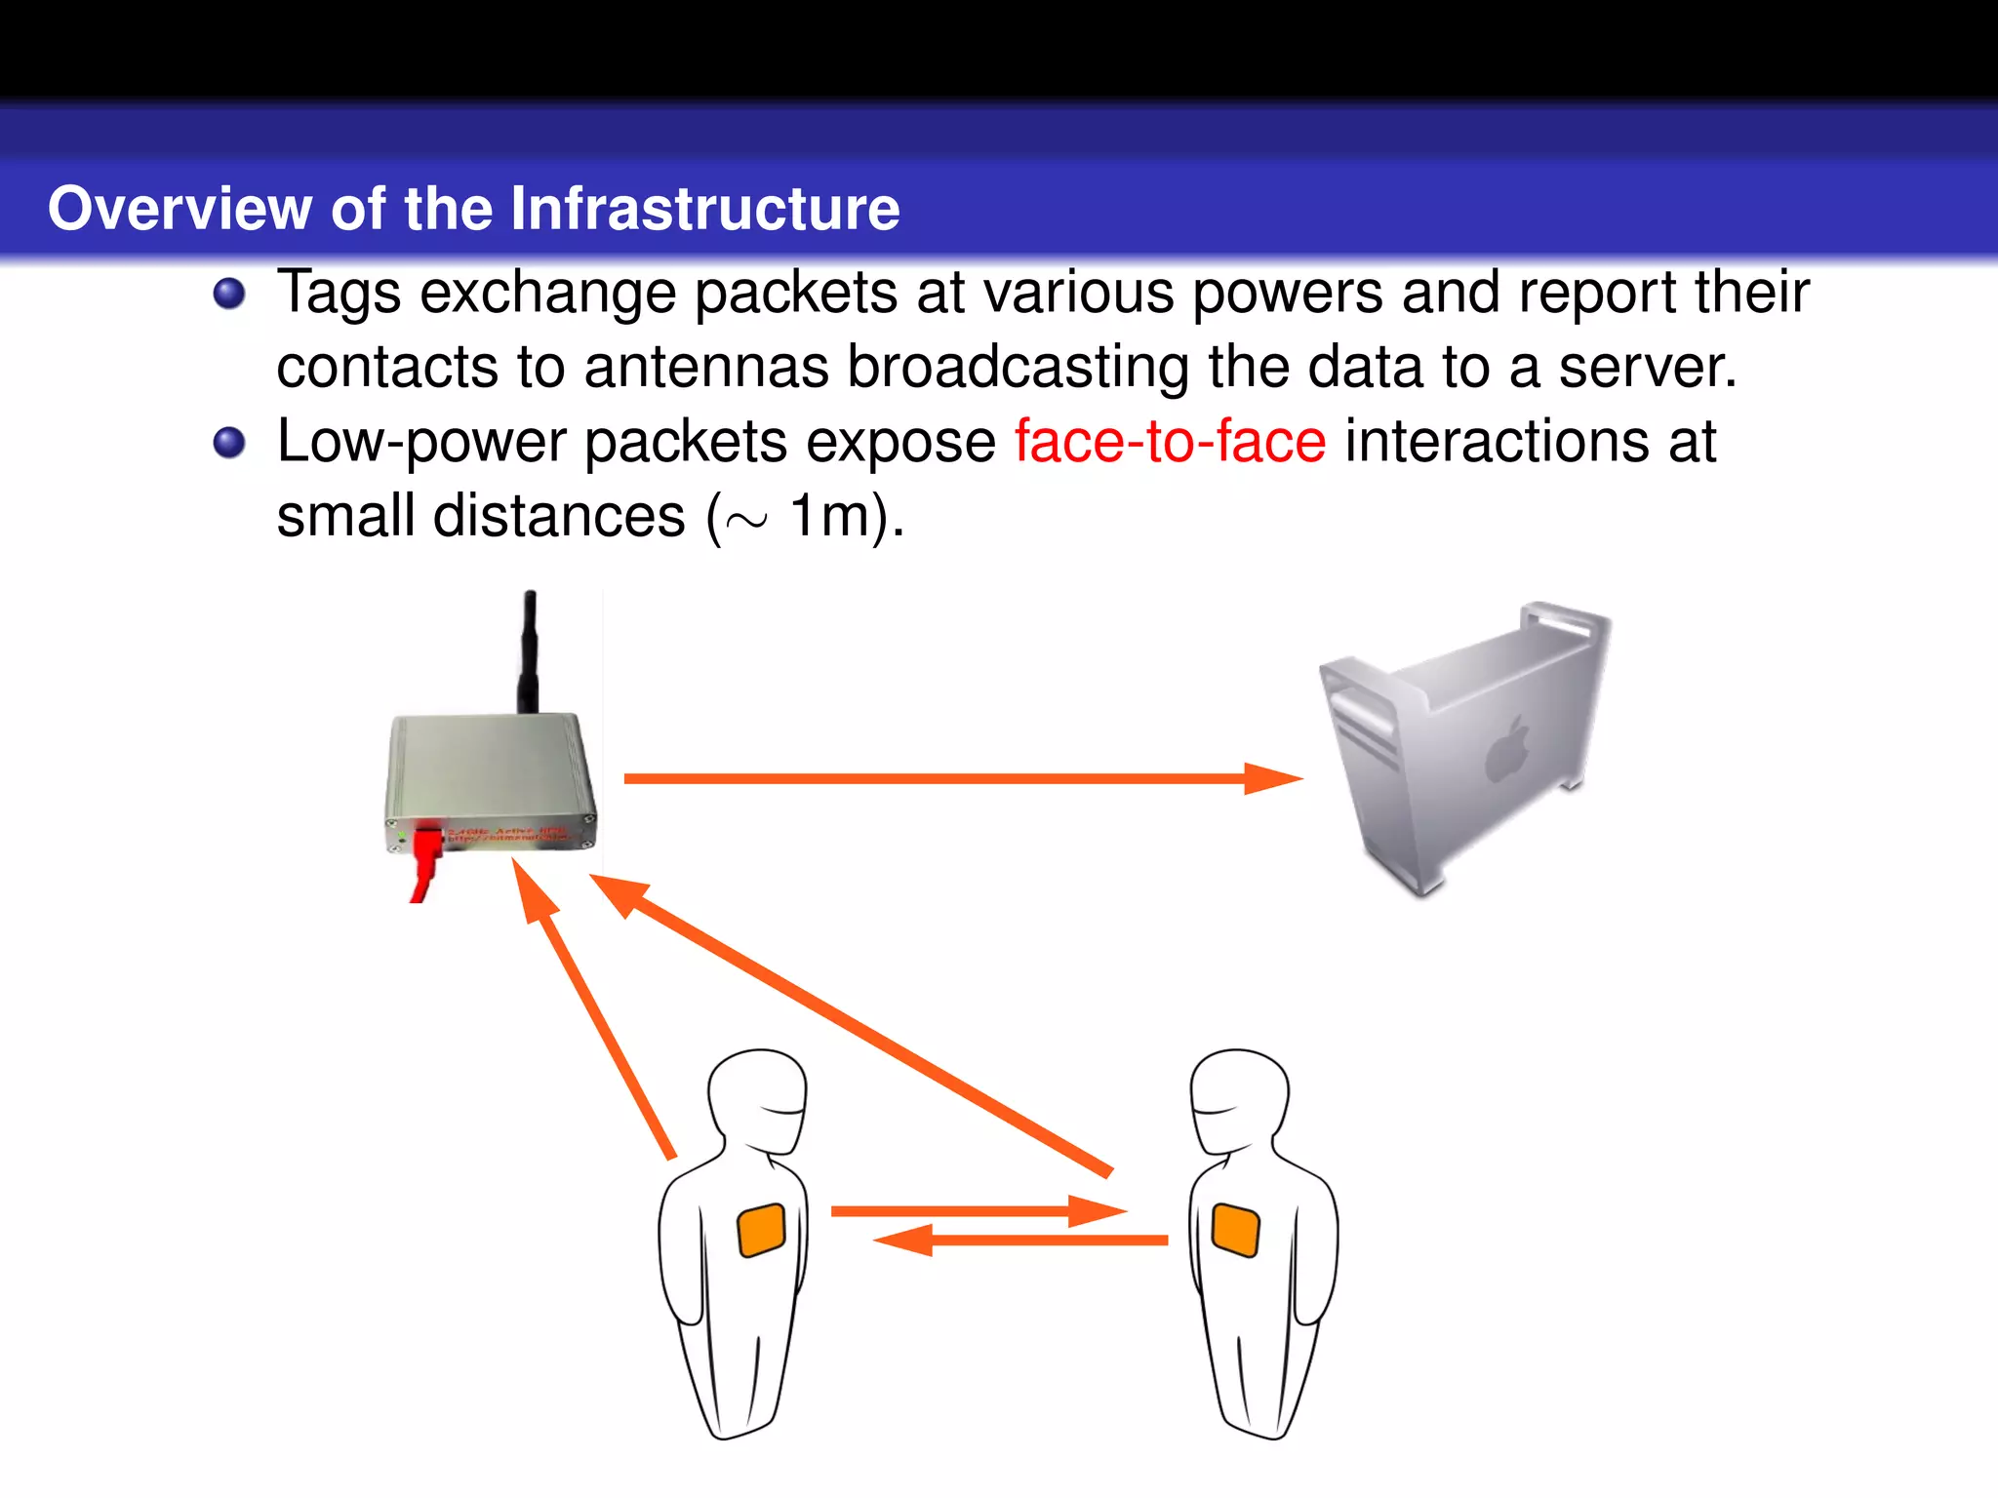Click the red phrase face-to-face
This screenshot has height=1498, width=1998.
tap(1170, 442)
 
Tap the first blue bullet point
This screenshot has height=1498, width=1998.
tap(229, 293)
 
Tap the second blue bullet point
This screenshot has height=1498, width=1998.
tap(229, 442)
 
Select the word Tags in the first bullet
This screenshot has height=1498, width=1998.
tap(339, 293)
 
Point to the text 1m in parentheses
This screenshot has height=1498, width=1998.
tap(828, 516)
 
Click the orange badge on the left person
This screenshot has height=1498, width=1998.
tap(762, 1230)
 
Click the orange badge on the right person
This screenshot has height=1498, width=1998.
tap(1235, 1230)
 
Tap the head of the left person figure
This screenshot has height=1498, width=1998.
tap(759, 1097)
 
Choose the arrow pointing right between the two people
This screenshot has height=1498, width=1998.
tap(976, 1211)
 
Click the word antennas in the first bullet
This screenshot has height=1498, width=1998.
tap(706, 368)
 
